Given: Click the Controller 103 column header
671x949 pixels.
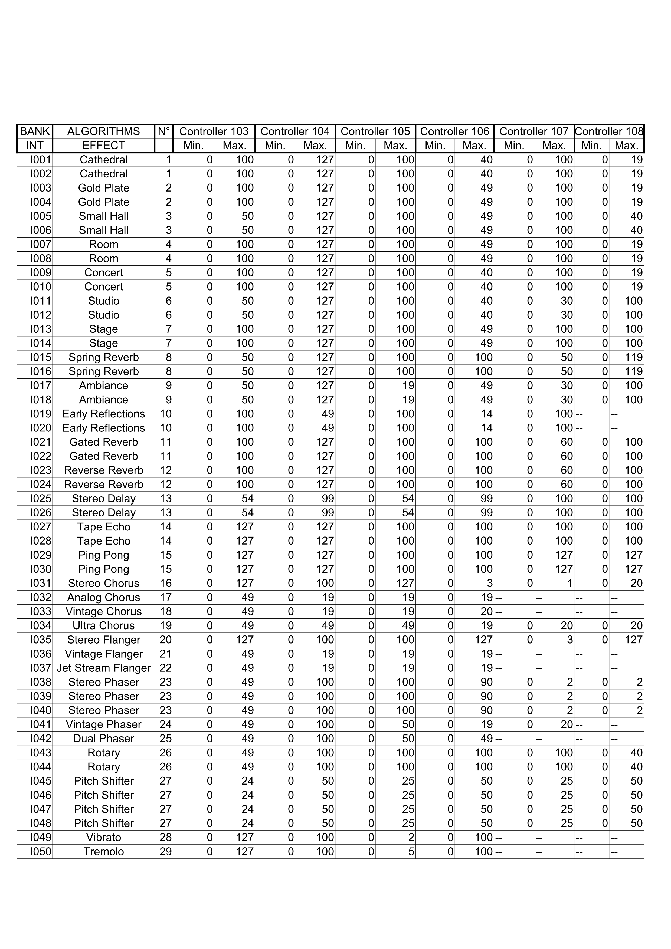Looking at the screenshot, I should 214,131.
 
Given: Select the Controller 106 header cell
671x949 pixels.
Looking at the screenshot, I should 454,131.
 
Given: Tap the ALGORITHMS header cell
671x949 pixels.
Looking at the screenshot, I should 103,131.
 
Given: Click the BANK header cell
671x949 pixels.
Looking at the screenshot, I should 35,131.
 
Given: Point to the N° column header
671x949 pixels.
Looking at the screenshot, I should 164,131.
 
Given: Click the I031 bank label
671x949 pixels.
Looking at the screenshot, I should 41,583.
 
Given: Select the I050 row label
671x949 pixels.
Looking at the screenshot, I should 41,851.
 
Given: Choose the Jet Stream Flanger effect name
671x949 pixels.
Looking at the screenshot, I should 103,668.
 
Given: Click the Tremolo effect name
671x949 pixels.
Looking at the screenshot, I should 103,851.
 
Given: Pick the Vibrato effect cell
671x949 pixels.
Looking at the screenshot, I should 103,837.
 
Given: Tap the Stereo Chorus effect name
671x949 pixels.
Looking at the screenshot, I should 103,583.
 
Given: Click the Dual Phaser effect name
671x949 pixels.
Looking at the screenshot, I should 103,739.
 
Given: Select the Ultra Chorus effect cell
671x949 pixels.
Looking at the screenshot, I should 103,625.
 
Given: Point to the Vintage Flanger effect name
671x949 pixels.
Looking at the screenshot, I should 103,654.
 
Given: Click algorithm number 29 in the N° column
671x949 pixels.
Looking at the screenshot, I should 165,851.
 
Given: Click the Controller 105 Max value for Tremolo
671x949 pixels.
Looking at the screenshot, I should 411,851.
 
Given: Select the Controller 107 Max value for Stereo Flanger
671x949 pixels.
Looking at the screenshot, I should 569,640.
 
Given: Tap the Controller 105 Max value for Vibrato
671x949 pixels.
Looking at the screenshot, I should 411,837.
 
